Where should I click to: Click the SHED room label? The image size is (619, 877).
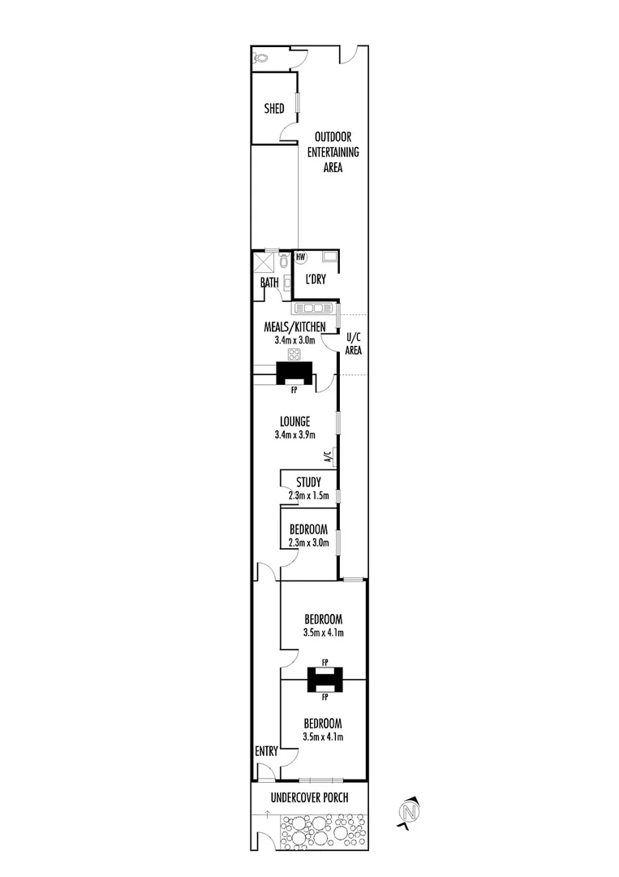click(x=273, y=108)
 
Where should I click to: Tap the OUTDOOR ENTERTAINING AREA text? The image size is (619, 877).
click(x=333, y=152)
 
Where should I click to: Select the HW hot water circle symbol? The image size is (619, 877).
click(x=300, y=257)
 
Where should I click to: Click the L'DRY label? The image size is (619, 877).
click(x=315, y=279)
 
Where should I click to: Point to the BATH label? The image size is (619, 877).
click(x=269, y=283)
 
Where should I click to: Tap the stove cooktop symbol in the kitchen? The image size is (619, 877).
click(x=294, y=354)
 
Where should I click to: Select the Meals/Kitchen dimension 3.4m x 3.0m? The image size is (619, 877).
click(x=294, y=339)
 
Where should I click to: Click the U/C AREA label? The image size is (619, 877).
click(x=353, y=343)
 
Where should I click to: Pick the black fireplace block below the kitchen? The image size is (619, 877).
click(x=294, y=373)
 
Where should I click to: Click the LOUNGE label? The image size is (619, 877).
click(x=294, y=421)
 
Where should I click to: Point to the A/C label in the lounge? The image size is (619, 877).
click(x=329, y=457)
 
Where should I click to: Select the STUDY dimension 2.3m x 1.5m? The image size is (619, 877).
click(x=308, y=495)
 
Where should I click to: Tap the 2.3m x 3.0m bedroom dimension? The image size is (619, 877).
click(x=308, y=542)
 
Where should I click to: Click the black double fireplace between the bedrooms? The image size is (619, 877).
click(x=325, y=680)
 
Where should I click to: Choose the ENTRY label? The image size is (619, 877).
click(x=266, y=751)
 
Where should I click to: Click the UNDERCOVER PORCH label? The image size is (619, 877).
click(x=309, y=797)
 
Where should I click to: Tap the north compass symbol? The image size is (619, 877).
click(x=408, y=811)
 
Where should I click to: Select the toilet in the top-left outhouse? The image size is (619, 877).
click(x=260, y=57)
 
